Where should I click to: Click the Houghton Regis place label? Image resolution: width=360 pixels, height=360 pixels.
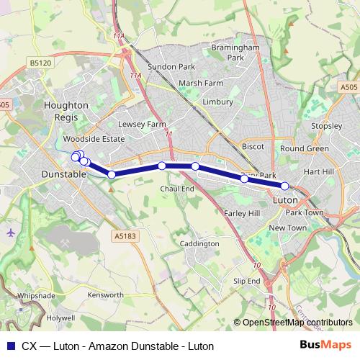click(66, 110)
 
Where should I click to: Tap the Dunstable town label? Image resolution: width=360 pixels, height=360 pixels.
click(64, 174)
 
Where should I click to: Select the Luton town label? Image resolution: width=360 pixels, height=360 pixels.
click(287, 197)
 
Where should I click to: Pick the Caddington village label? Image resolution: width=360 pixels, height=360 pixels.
click(199, 244)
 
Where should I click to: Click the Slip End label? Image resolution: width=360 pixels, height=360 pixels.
click(246, 281)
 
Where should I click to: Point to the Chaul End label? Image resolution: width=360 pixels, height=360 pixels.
click(177, 189)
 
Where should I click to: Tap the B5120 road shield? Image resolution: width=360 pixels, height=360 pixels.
click(41, 63)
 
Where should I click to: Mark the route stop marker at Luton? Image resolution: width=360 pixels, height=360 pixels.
click(285, 186)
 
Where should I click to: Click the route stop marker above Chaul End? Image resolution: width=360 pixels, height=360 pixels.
click(162, 166)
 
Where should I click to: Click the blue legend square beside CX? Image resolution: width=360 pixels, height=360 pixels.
click(10, 346)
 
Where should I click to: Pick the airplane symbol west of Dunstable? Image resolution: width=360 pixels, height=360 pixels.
click(10, 233)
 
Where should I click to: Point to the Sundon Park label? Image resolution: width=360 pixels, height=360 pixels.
click(171, 67)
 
